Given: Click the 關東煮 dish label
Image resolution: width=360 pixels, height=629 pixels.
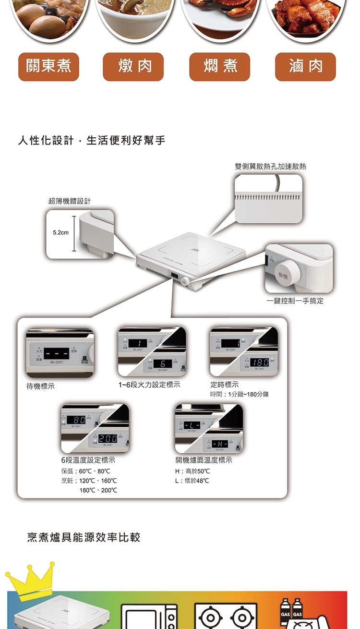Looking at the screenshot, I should click(48, 67).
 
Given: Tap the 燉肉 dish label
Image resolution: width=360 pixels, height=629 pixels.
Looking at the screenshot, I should click(133, 67).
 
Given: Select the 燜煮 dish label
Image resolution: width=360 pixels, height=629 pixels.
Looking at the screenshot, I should click(220, 67).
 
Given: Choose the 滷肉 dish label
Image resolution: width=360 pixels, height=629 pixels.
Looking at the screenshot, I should click(305, 67).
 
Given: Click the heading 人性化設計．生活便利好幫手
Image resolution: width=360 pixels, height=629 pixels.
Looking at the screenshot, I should click(92, 141).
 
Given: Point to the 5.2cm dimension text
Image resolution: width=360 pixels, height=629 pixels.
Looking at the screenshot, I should click(60, 233).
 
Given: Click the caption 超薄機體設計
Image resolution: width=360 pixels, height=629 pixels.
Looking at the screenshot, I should click(70, 201).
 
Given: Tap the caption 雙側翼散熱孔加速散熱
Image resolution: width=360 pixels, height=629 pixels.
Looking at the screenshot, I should click(270, 166).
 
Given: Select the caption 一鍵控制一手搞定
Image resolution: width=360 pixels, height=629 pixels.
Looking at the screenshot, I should click(295, 301).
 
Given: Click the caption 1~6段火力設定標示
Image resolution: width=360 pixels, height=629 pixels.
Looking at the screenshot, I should click(149, 385).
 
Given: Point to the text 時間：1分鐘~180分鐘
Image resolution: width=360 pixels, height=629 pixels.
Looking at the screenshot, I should click(239, 394).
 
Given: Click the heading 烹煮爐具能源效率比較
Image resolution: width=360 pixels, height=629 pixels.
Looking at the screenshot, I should click(84, 537).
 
